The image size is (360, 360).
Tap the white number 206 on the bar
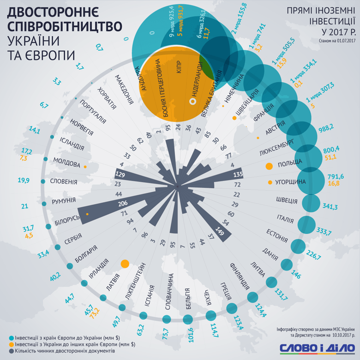pyautogui.click(x=123, y=204)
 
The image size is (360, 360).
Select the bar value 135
pyautogui.click(x=238, y=175)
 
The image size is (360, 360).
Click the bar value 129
pyautogui.click(x=120, y=175)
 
